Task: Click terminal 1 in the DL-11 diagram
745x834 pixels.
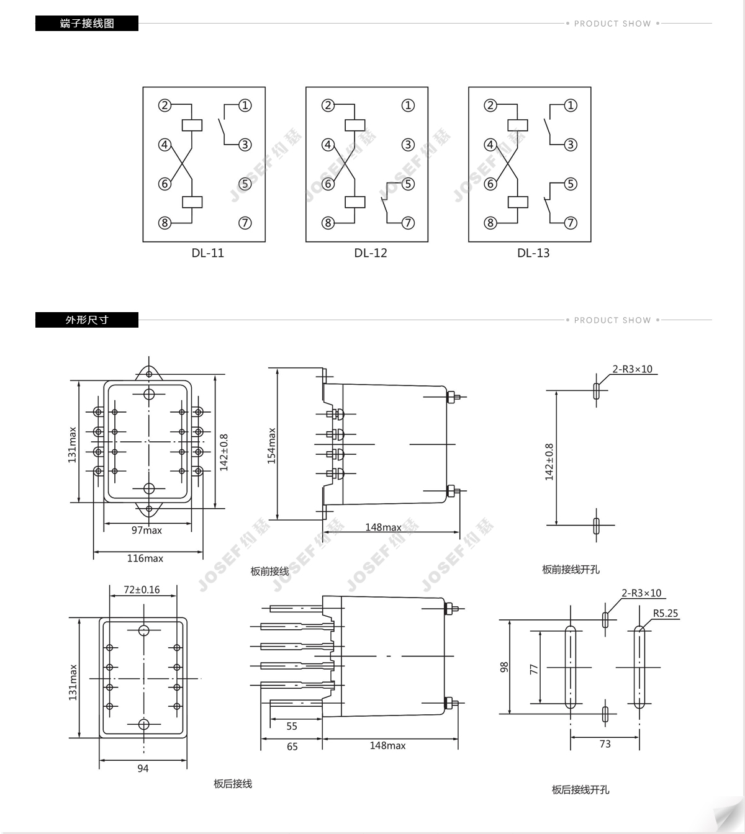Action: pos(245,105)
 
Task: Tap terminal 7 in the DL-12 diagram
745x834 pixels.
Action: pos(408,223)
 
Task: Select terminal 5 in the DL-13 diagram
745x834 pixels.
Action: pos(571,184)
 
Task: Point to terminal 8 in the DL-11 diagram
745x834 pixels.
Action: pos(165,223)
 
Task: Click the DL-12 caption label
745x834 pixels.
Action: pos(371,253)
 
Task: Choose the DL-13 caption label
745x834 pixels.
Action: pos(533,253)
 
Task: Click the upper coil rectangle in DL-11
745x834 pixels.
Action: pos(192,125)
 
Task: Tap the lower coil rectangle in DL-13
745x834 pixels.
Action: pos(518,202)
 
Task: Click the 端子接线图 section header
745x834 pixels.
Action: pos(87,24)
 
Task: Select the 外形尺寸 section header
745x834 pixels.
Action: pos(87,320)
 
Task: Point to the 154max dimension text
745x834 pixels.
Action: pos(272,446)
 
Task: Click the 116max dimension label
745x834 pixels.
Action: pos(145,558)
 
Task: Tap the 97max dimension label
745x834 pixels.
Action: pos(147,531)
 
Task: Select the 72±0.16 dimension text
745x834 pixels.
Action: pos(142,590)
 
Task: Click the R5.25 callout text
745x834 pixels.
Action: pos(666,613)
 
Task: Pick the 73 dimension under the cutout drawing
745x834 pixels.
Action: pos(605,744)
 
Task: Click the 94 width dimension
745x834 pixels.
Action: pos(143,768)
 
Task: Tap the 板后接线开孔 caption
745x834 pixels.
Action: pos(580,789)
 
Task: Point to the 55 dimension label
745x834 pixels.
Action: pos(292,726)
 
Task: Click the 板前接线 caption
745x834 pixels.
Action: pos(269,572)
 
